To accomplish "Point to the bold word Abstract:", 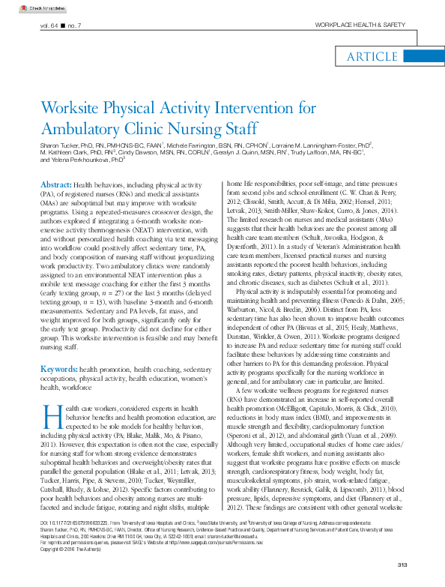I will pyautogui.click(x=55, y=184).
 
